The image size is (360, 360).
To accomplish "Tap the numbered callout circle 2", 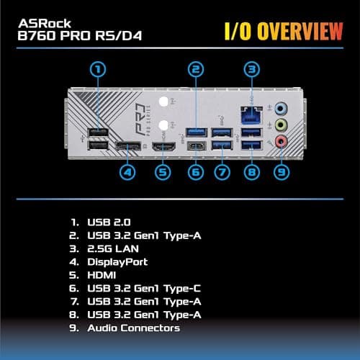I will coord(194,70).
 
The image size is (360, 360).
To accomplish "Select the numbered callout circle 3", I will coord(251,70).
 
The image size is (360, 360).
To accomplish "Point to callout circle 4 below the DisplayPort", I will coord(127,173).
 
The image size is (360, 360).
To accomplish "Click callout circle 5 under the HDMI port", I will coord(163,173).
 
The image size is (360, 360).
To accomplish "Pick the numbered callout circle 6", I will coord(194,173).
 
